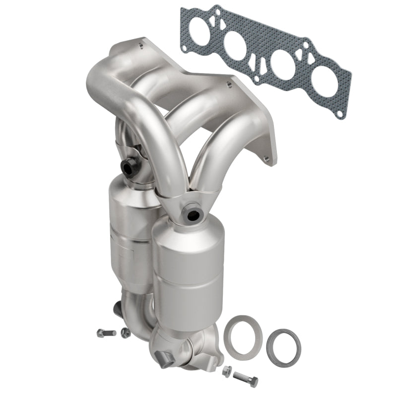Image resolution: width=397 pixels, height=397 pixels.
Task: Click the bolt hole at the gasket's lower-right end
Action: [x=339, y=114]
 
